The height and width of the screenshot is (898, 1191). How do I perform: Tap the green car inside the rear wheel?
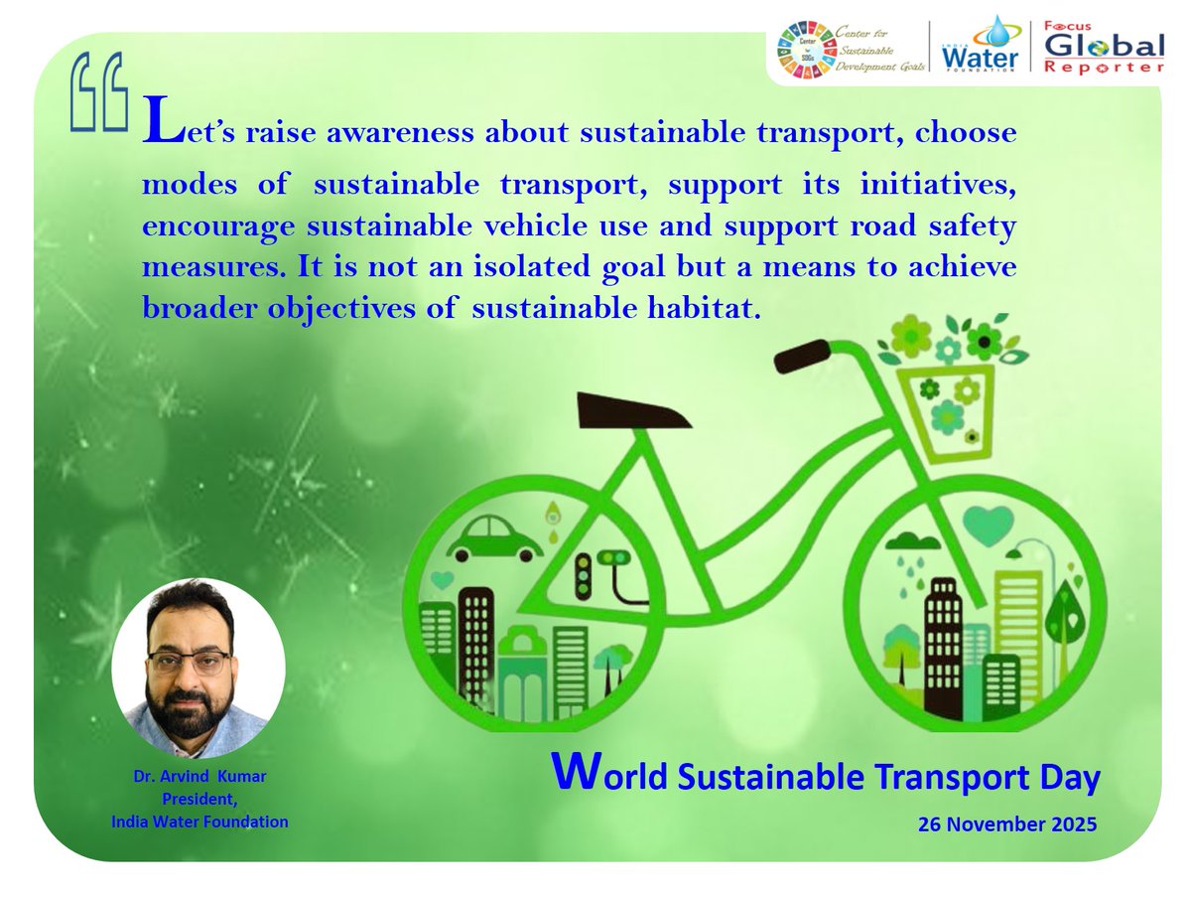(x=493, y=537)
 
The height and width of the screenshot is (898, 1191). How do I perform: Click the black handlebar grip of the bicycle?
(x=802, y=354)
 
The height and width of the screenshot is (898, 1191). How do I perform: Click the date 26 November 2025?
(x=1007, y=823)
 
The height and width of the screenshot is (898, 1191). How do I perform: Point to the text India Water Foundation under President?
(x=199, y=822)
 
